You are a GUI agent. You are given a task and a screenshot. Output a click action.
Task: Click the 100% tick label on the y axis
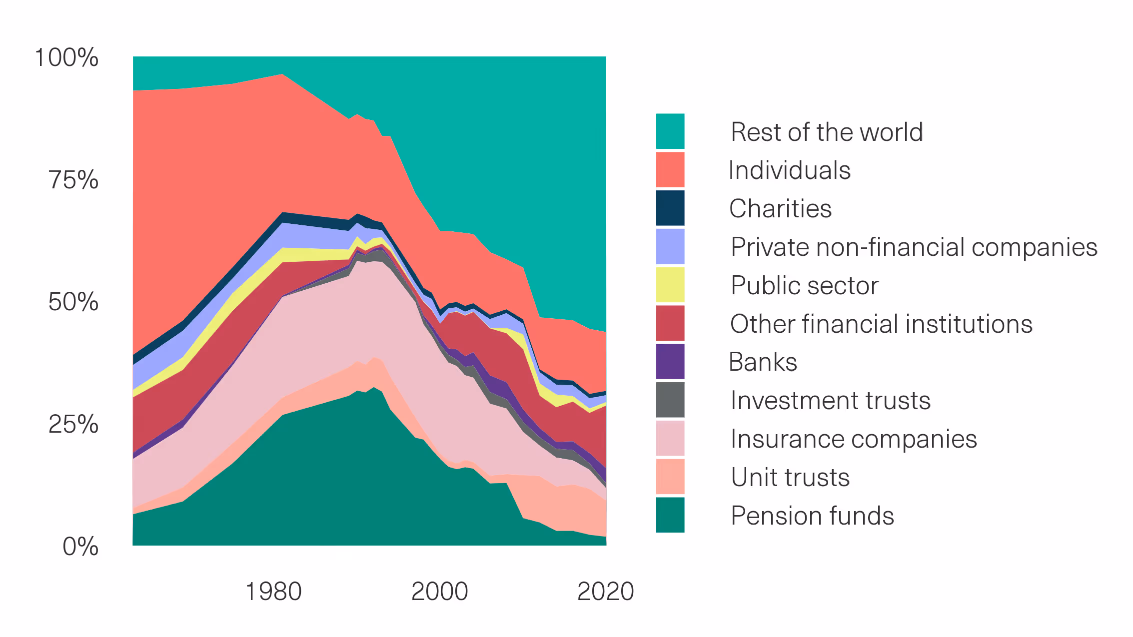(66, 57)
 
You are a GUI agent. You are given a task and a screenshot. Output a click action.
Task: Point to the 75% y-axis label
(73, 180)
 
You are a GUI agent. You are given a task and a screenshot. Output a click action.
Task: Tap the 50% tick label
(73, 302)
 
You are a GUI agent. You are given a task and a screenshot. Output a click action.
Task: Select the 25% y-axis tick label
(73, 424)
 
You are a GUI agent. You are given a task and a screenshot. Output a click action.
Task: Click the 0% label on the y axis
(80, 546)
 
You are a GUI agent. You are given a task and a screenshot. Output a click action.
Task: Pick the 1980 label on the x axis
(273, 592)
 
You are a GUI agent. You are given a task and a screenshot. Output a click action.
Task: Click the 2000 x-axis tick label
(439, 592)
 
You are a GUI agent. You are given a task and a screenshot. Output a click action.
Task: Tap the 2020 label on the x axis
(605, 592)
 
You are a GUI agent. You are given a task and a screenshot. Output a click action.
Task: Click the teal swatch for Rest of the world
(670, 131)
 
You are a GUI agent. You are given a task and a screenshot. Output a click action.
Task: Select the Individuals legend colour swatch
(670, 170)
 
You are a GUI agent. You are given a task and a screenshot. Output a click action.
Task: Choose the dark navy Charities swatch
(670, 208)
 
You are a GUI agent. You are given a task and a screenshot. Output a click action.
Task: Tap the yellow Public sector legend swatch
(670, 285)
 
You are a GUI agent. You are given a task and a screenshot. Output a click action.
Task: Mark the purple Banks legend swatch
(670, 361)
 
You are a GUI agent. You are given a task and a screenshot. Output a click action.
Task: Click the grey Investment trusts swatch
(670, 400)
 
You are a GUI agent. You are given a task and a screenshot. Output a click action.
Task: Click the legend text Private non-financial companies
(914, 247)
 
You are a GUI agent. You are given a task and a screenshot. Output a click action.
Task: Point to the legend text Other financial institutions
(881, 324)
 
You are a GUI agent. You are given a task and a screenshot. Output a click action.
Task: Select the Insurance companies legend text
(854, 439)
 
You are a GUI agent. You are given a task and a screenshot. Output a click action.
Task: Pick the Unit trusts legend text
(790, 477)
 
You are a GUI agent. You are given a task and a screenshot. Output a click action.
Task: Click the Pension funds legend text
(812, 516)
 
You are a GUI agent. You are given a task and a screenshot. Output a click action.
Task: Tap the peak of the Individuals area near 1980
(283, 74)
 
